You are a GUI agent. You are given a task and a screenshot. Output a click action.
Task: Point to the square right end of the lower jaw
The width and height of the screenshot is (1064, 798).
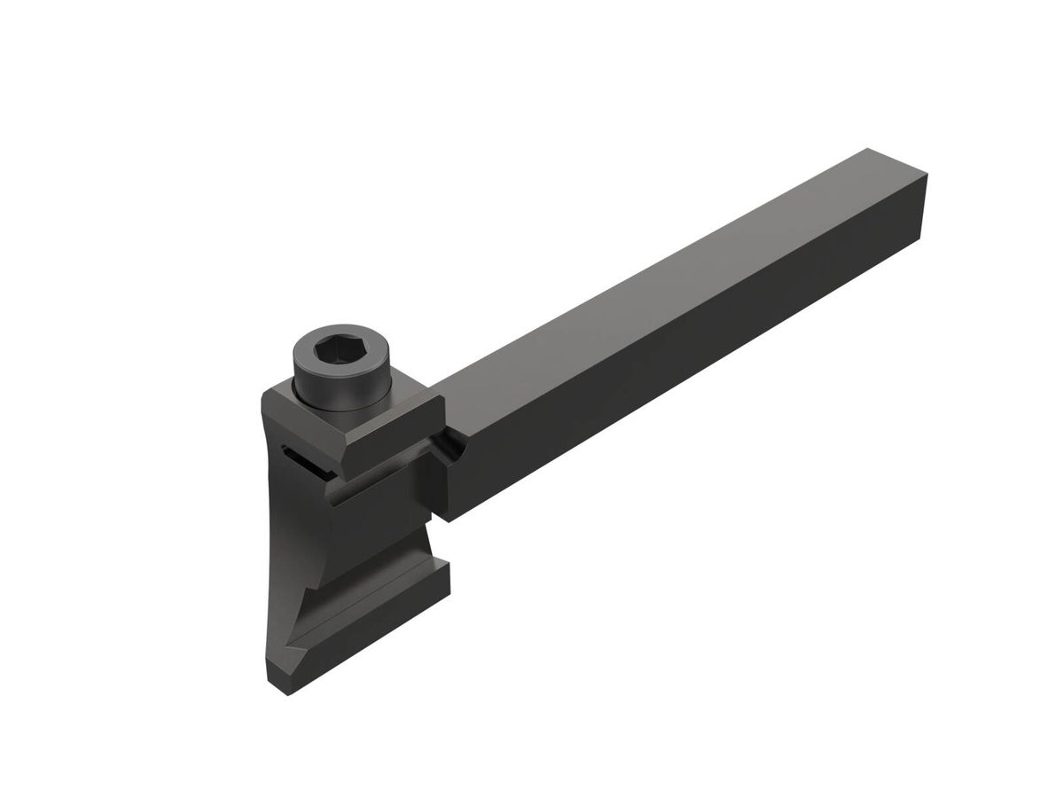[440, 585]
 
